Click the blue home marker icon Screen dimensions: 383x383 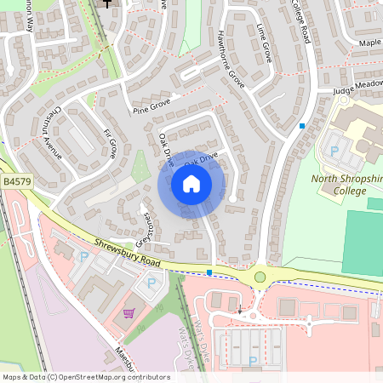click(x=191, y=184)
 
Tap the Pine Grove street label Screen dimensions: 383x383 click(x=152, y=106)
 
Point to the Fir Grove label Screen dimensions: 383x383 click(x=109, y=144)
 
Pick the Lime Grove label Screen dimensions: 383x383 click(x=263, y=43)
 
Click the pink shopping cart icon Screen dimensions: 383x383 click(x=129, y=312)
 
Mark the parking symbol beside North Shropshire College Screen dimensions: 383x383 click(x=334, y=150)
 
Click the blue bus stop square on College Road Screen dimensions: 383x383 click(x=301, y=126)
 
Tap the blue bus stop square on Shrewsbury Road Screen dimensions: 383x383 click(x=209, y=272)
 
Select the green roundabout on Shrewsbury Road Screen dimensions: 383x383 click(x=260, y=277)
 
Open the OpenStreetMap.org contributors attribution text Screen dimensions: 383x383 click(x=86, y=376)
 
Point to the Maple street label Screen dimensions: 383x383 click(x=370, y=43)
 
